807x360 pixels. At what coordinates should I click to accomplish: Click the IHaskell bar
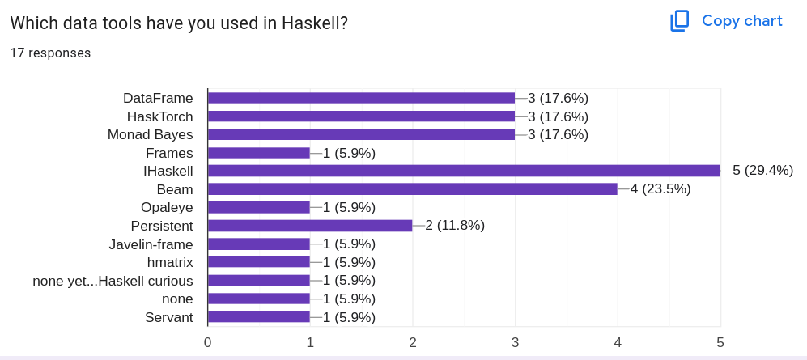click(464, 171)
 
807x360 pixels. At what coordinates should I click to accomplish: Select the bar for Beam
click(413, 189)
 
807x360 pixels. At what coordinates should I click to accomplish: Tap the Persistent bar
click(310, 226)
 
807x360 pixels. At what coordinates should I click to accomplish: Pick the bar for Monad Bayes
click(361, 134)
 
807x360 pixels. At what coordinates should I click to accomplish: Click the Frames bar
click(259, 153)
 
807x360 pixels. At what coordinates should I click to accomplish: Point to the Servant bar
click(259, 317)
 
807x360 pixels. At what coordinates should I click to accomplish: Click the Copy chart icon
click(679, 21)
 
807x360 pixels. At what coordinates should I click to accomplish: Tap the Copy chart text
click(741, 21)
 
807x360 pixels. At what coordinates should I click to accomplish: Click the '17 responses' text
click(50, 53)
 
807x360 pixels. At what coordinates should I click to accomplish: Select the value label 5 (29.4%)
click(762, 171)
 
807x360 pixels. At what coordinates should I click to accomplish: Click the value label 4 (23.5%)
click(660, 189)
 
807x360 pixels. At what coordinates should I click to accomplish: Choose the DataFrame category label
click(158, 98)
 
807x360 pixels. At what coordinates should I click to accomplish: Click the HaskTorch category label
click(159, 116)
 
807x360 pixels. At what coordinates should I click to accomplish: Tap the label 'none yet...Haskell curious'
click(113, 281)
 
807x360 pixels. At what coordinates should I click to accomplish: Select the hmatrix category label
click(170, 262)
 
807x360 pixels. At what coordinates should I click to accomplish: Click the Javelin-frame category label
click(151, 244)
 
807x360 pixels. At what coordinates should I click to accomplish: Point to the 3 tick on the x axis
click(516, 342)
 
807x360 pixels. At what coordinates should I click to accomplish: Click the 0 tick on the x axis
click(208, 342)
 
